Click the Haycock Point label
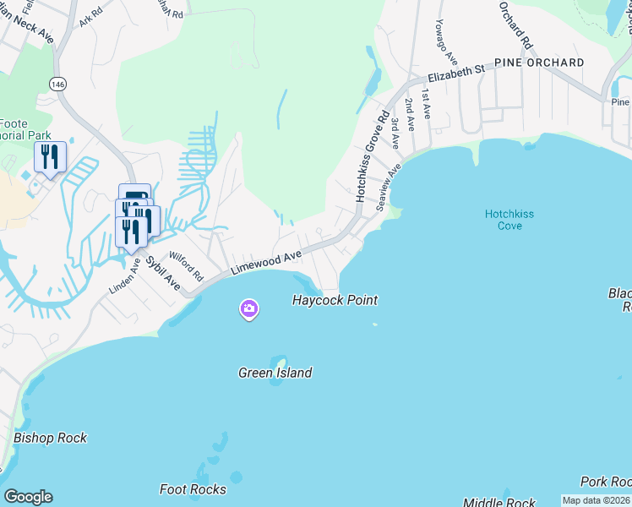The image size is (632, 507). [x=335, y=300]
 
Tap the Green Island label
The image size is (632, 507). [x=275, y=373]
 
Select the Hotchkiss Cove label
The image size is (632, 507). [x=509, y=221]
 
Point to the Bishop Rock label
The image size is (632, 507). [x=50, y=439]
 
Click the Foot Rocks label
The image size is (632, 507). [x=193, y=489]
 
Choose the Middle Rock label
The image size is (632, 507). [x=499, y=503]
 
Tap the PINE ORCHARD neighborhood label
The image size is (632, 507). [x=539, y=63]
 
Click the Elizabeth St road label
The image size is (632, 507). [x=455, y=70]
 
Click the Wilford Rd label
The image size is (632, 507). [x=187, y=265]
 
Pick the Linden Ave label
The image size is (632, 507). [x=124, y=276]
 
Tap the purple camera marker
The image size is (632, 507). [x=248, y=309]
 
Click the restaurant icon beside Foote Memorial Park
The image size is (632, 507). [x=50, y=156]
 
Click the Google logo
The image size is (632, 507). [x=28, y=497]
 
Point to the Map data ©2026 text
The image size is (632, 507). [x=597, y=501]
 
